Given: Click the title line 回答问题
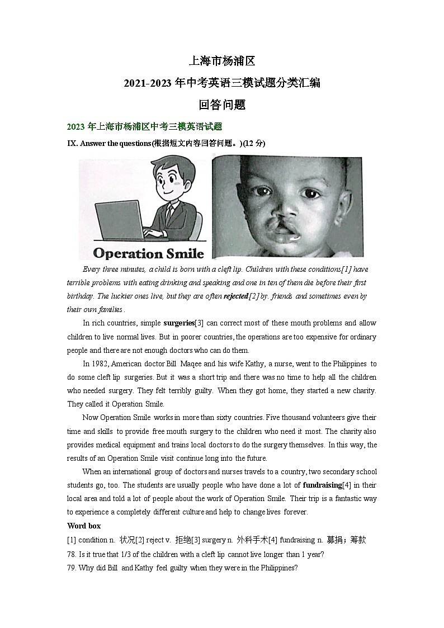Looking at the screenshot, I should tap(222, 105).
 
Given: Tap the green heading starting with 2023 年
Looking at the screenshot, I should tap(144, 126).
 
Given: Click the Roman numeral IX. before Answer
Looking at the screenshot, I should tap(72, 143).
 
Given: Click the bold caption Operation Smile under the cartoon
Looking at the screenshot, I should tap(148, 253).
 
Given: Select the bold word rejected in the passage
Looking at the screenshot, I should tap(235, 296).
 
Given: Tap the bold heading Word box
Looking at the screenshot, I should tap(84, 526).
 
